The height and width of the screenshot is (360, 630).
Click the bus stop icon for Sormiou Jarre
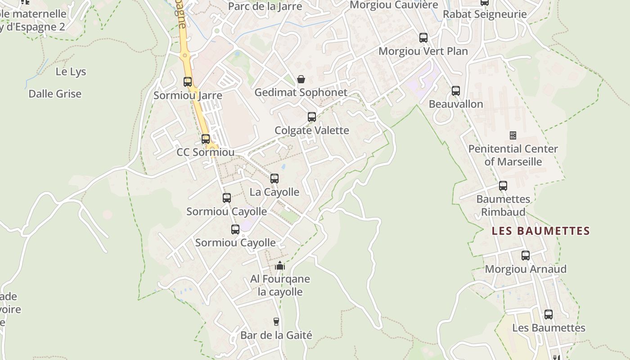(x=188, y=82)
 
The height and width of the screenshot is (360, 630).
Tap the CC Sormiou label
(x=205, y=152)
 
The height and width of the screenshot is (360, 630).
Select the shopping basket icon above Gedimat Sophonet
(x=301, y=80)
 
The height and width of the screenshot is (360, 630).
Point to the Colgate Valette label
(x=312, y=130)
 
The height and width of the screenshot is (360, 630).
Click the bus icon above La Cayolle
(x=274, y=179)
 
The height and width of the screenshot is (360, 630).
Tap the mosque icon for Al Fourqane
(x=280, y=265)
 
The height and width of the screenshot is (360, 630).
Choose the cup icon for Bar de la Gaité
(x=276, y=322)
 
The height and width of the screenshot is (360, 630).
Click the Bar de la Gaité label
(x=276, y=335)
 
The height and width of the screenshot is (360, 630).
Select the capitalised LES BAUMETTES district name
(x=540, y=231)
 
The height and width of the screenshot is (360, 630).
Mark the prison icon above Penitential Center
(x=513, y=135)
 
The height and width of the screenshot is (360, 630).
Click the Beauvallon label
(x=456, y=104)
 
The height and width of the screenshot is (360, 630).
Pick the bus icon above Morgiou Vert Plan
(x=423, y=38)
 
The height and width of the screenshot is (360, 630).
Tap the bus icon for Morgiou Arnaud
(x=526, y=256)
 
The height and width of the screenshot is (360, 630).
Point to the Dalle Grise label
(x=55, y=94)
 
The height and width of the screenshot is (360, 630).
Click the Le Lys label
(x=71, y=72)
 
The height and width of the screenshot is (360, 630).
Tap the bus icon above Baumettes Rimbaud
(x=503, y=186)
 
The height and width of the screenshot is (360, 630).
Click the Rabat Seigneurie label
(x=485, y=14)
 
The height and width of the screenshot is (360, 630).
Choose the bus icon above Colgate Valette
(x=312, y=117)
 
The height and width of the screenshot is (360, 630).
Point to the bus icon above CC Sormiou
(x=206, y=139)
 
